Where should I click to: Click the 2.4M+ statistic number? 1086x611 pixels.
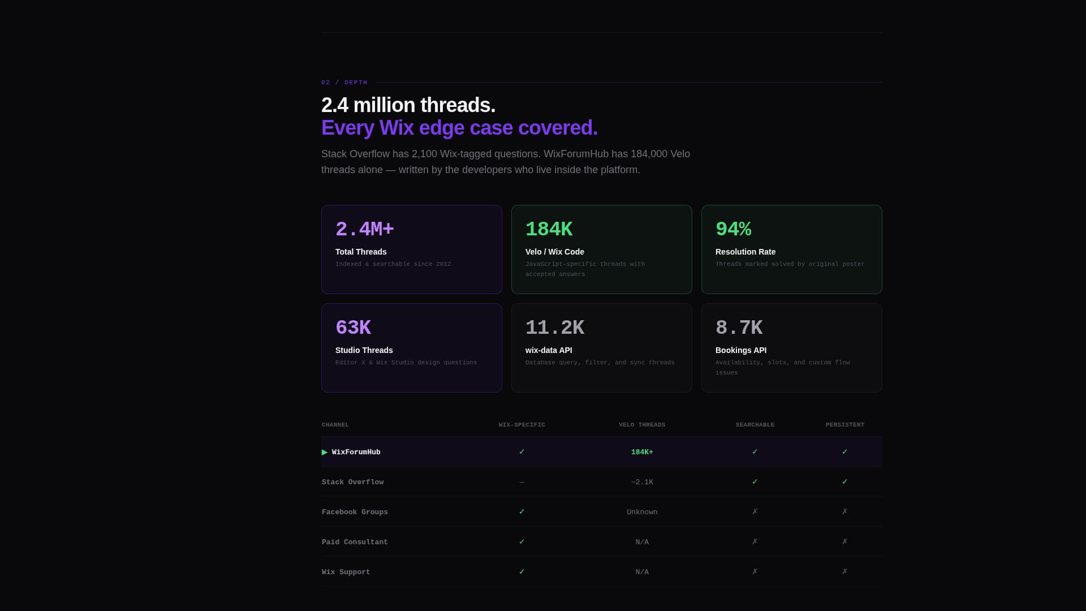(364, 229)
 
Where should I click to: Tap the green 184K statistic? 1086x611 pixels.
(549, 229)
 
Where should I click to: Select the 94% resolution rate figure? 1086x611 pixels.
(733, 229)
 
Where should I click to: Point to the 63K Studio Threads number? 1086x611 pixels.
(353, 328)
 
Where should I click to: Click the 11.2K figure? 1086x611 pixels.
(554, 328)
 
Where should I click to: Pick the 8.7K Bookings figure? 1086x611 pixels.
(739, 328)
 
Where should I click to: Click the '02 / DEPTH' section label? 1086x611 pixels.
(344, 83)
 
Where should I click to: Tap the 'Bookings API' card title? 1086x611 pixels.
(740, 350)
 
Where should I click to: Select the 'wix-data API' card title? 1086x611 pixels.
(548, 350)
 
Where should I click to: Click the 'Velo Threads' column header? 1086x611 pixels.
(642, 425)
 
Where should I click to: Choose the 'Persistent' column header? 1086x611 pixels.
(844, 425)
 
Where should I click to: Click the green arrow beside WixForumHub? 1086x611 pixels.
(325, 452)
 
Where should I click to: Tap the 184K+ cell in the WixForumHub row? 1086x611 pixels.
(642, 452)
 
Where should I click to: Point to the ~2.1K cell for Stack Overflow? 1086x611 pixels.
(642, 482)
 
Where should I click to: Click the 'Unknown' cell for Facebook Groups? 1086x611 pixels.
(642, 512)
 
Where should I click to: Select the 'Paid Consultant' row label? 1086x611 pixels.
(355, 542)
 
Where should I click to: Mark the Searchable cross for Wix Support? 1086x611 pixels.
(755, 571)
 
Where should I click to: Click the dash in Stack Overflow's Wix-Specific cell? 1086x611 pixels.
(522, 482)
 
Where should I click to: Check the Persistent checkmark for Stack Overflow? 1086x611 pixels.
(844, 481)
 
